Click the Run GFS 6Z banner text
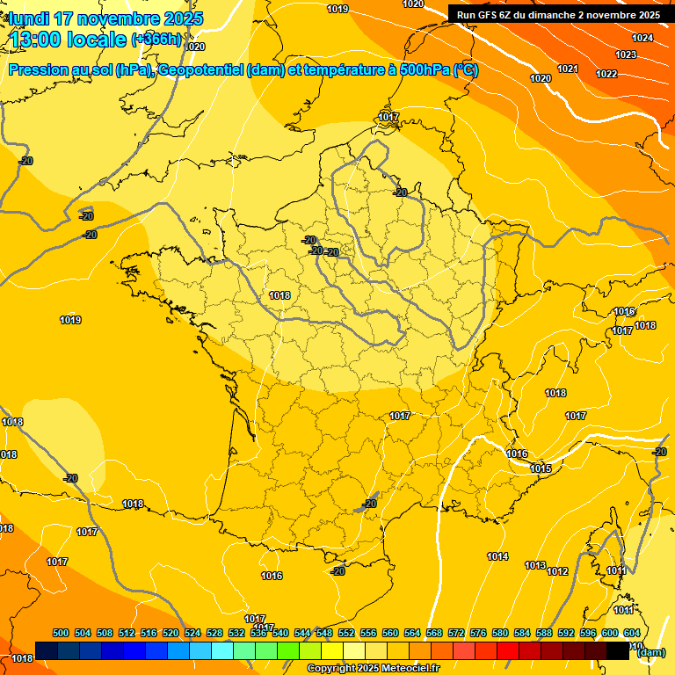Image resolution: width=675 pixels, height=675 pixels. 558,15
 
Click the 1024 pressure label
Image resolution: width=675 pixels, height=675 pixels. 642,38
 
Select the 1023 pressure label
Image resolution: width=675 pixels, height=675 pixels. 625,54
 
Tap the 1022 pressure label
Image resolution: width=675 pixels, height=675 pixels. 606,74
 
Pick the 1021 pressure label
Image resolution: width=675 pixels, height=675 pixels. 567,69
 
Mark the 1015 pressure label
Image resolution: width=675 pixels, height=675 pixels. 541,468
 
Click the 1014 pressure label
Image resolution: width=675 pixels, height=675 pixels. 497,556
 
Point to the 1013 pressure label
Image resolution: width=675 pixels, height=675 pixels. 534,565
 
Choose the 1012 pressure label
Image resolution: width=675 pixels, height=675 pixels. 557,571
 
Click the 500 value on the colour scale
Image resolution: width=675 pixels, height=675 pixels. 61,633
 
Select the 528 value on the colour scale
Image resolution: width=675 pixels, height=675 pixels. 214,633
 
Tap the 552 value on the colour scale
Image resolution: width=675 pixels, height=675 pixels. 346,633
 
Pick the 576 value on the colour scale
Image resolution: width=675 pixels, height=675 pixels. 478,633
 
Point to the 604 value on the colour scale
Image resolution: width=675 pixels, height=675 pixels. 632,633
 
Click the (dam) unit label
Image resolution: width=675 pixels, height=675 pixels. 650,652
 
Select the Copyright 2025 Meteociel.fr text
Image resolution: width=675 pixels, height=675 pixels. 373,669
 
